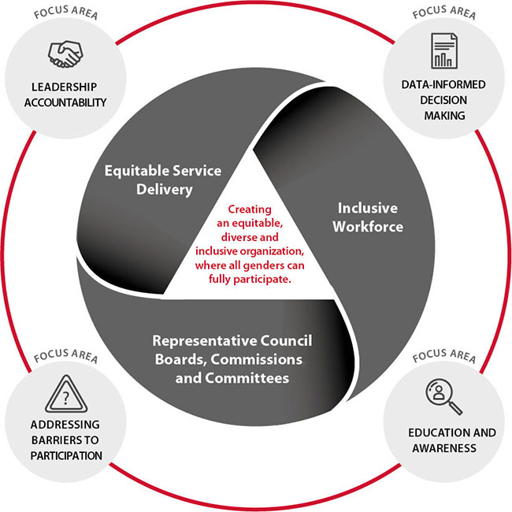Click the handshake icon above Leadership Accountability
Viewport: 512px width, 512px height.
(66, 53)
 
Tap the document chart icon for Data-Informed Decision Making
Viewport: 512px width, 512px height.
(443, 50)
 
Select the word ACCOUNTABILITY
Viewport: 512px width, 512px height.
(66, 102)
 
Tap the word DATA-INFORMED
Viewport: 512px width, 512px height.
(443, 83)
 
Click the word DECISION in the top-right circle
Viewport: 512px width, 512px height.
(443, 99)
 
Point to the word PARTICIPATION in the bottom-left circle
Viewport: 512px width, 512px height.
(66, 454)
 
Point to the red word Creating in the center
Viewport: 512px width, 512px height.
(250, 210)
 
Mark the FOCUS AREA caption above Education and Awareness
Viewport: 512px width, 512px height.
(444, 357)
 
